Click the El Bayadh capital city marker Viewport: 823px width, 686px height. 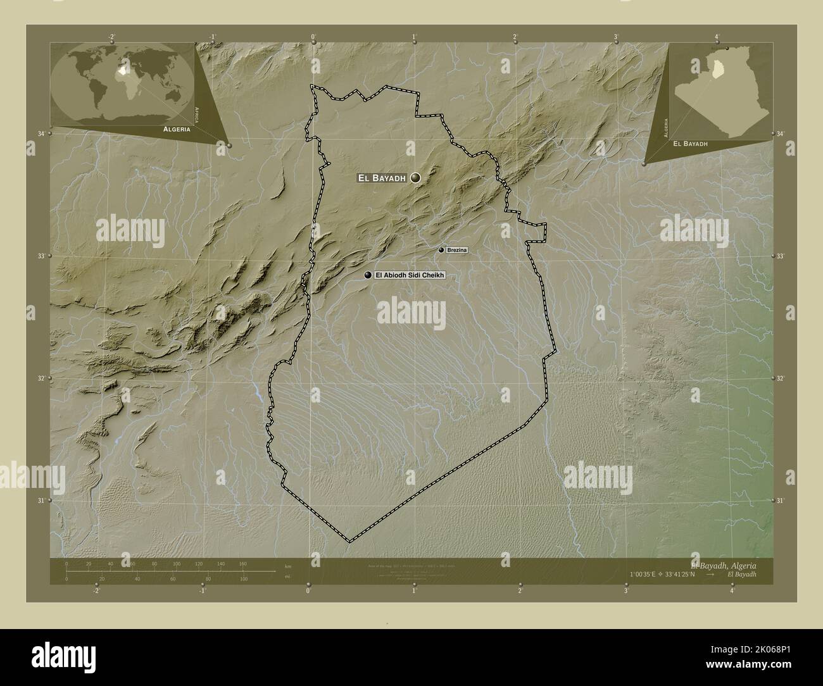[415, 178]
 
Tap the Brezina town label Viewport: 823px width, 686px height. [456, 251]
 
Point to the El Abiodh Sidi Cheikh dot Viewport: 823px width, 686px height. [368, 275]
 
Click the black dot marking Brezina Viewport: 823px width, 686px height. [441, 251]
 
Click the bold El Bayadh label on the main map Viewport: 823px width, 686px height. [382, 178]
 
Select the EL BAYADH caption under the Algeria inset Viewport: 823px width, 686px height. [690, 144]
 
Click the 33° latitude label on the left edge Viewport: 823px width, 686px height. [42, 256]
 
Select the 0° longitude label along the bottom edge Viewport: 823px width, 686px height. [308, 591]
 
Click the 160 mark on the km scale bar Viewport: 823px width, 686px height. [242, 563]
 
